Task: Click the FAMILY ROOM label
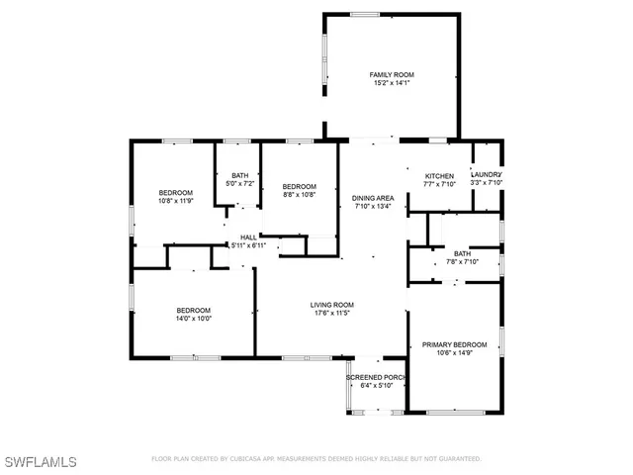(x=392, y=75)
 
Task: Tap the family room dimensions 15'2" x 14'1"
(x=392, y=84)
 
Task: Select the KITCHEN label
(x=439, y=175)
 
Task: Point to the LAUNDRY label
(x=487, y=174)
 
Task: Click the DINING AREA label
(x=374, y=198)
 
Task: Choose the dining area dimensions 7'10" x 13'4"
(x=374, y=207)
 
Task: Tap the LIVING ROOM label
(x=331, y=305)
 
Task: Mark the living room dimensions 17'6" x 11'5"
(x=331, y=314)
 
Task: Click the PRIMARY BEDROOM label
(x=454, y=344)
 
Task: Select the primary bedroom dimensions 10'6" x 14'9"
(x=454, y=353)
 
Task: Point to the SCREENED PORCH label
(x=376, y=377)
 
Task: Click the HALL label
(x=248, y=237)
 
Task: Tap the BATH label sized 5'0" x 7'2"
(x=239, y=175)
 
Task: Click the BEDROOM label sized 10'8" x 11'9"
(x=176, y=192)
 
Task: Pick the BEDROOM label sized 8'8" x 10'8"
(x=299, y=187)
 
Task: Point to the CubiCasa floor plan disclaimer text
(x=316, y=459)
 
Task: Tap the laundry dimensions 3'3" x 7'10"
(x=487, y=183)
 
